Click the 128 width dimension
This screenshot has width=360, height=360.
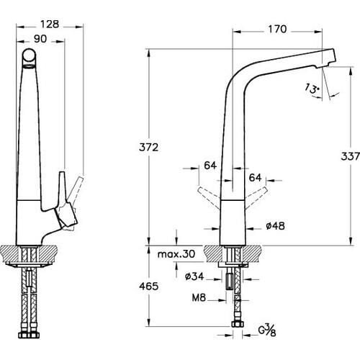(x=50, y=24)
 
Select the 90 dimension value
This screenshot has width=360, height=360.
(x=40, y=39)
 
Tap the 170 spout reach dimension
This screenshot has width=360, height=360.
(x=277, y=29)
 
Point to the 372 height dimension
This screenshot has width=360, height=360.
(x=149, y=147)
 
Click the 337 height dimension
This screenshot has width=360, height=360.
(x=350, y=156)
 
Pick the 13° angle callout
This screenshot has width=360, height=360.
(x=312, y=89)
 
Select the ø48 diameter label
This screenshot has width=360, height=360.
(x=275, y=226)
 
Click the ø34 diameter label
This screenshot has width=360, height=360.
(x=194, y=276)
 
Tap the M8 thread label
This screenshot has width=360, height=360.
(x=199, y=297)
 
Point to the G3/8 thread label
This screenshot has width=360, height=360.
(x=267, y=330)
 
